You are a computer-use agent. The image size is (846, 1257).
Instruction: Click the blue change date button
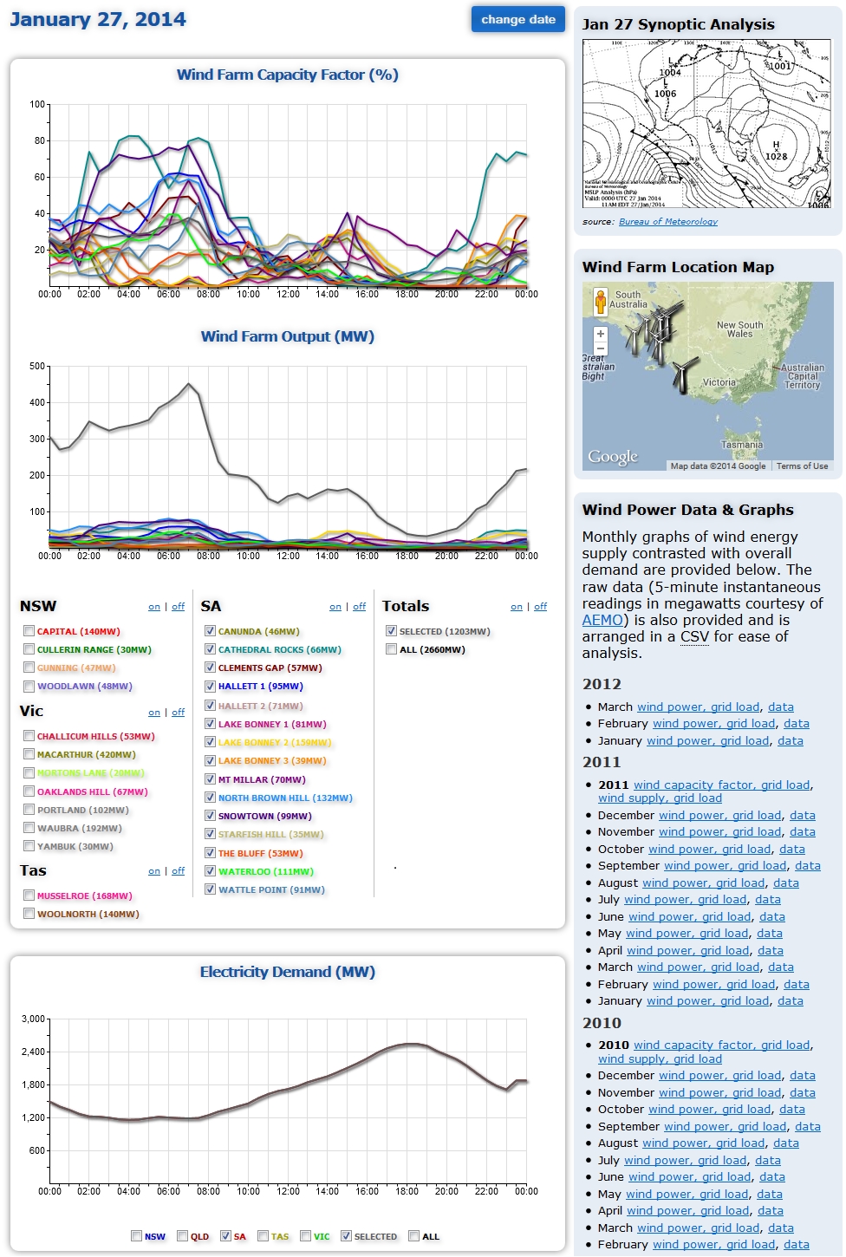click(517, 19)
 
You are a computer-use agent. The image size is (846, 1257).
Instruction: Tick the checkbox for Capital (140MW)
click(29, 631)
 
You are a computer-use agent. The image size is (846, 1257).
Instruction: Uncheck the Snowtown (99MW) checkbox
click(210, 816)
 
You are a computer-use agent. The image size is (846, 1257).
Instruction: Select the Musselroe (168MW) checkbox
click(29, 896)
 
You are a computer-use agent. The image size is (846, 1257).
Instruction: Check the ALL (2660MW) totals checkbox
click(392, 649)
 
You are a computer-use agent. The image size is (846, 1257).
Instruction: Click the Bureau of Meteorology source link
click(667, 222)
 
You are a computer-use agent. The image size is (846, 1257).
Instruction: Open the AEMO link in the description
click(602, 620)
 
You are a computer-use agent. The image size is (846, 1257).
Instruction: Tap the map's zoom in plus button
click(600, 334)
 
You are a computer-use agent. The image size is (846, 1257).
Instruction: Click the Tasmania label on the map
click(742, 445)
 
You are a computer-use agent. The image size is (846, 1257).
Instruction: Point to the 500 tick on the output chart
click(37, 367)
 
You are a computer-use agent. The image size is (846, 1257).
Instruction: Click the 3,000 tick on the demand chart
click(33, 1019)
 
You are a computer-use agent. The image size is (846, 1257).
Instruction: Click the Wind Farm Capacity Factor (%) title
click(287, 75)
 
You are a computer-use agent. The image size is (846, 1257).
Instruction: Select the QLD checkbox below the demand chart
click(183, 1236)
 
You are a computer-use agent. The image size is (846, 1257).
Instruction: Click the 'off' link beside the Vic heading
click(178, 713)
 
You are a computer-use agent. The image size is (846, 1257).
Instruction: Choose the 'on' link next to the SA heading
click(335, 607)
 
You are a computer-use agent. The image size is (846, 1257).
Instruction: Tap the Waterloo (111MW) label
click(265, 871)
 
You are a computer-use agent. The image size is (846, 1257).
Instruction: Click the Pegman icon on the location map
click(600, 303)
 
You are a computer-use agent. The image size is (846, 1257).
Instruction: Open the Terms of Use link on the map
click(802, 466)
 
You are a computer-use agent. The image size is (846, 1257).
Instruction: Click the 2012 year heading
click(602, 684)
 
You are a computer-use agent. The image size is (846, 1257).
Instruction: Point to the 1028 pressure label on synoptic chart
click(776, 157)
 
